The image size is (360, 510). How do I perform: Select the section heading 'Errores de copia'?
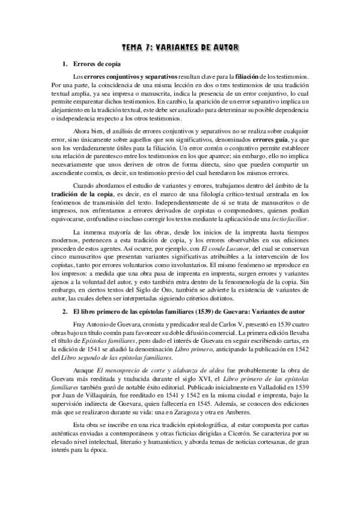tap(98, 63)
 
